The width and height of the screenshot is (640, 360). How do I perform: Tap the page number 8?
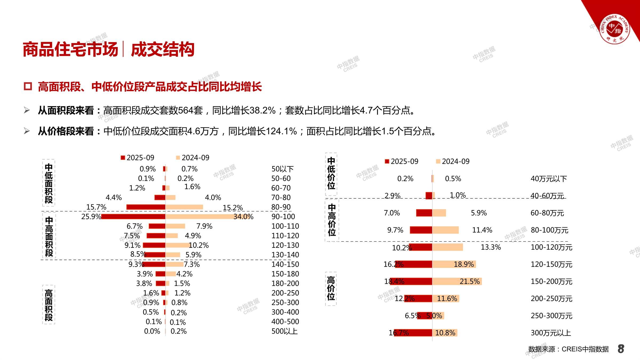(621, 349)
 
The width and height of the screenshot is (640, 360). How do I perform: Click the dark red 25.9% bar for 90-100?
(133, 217)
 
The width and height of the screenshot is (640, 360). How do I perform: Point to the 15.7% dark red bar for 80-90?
(146, 207)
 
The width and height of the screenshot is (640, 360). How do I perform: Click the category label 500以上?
(284, 331)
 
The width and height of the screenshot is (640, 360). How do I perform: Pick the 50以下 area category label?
(282, 169)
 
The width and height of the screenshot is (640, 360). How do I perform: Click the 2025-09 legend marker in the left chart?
(123, 158)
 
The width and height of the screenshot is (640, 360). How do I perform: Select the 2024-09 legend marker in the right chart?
(438, 161)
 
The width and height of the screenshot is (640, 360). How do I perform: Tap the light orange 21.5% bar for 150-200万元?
(457, 281)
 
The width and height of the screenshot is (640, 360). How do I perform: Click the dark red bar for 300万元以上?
(413, 333)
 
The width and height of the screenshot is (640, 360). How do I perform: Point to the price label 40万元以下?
(549, 179)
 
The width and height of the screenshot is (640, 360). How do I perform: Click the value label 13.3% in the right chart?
(491, 247)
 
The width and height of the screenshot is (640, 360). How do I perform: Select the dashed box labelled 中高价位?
(332, 220)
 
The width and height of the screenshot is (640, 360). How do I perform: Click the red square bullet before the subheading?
(28, 86)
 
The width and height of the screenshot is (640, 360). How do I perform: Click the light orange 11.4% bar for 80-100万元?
(445, 230)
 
